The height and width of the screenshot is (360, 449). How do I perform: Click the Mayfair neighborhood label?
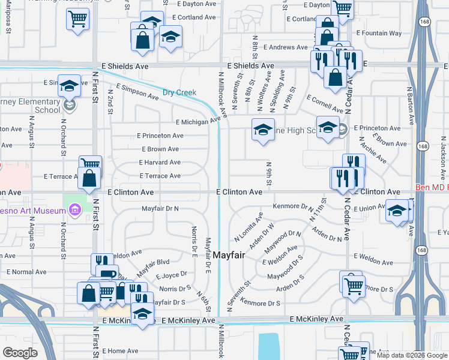pyautogui.click(x=229, y=254)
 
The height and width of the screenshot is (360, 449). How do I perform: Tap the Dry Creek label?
pyautogui.click(x=179, y=92)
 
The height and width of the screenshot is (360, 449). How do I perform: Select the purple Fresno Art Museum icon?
pyautogui.click(x=74, y=210)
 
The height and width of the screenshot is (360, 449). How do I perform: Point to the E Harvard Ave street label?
pyautogui.click(x=160, y=162)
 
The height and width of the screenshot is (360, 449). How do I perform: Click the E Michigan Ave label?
pyautogui.click(x=199, y=122)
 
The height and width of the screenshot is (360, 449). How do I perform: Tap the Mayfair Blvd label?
pyautogui.click(x=153, y=262)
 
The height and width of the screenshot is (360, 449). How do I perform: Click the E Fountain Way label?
pyautogui.click(x=379, y=33)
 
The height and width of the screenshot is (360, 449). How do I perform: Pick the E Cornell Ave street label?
pyautogui.click(x=324, y=104)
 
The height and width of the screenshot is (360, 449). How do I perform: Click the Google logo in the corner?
pyautogui.click(x=20, y=353)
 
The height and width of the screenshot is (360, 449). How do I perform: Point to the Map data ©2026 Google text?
pyautogui.click(x=411, y=355)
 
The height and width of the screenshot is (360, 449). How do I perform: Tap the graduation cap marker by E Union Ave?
pyautogui.click(x=397, y=211)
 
